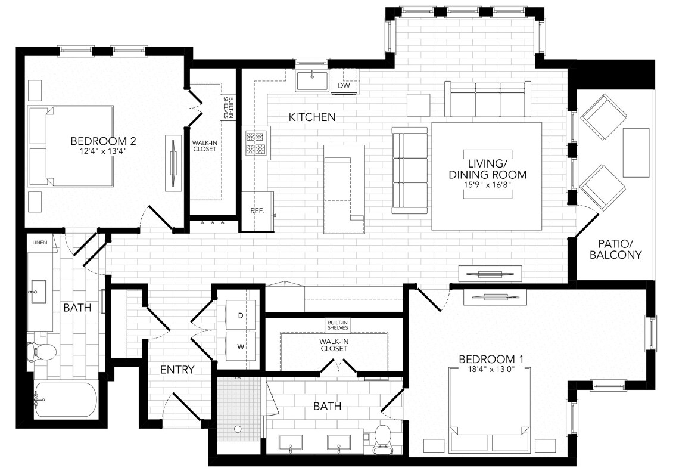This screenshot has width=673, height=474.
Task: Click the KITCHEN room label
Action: tap(311, 117)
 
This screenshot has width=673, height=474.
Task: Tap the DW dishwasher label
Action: tap(344, 86)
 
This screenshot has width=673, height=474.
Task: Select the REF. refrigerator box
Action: tap(257, 210)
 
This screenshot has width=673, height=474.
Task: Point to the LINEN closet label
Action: tap(40, 243)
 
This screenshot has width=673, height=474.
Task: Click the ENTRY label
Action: tap(177, 370)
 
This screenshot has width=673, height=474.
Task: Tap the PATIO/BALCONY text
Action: tap(619, 249)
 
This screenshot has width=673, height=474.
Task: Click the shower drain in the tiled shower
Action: tap(238, 428)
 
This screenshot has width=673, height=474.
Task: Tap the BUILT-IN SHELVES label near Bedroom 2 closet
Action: tap(226, 107)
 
